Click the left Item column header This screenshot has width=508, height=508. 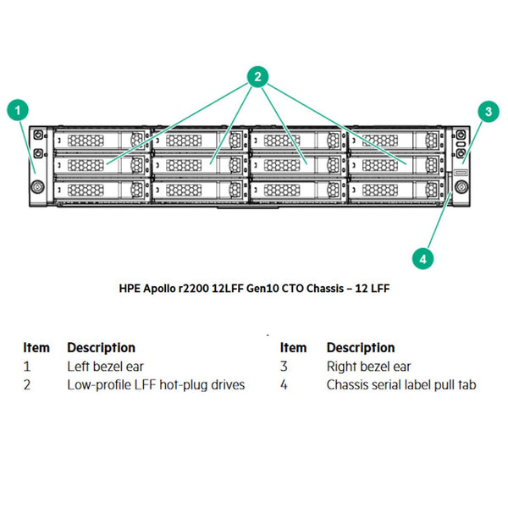[x=36, y=347]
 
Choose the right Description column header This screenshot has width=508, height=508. [x=361, y=347]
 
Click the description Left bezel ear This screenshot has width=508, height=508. [x=105, y=367]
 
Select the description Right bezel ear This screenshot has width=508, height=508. [x=368, y=367]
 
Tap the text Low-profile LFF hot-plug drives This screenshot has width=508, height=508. [x=156, y=385]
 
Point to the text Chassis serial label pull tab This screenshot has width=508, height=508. [x=401, y=385]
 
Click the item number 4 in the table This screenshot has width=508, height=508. [x=285, y=385]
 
